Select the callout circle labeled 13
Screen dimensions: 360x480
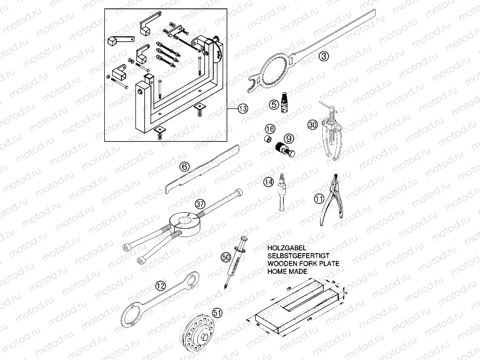coord(242,108)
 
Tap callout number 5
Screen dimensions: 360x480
coord(274,105)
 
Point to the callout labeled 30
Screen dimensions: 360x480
coord(312,124)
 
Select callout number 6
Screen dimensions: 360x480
coord(184,167)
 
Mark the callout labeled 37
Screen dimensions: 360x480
coord(201,203)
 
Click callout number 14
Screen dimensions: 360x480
coord(268,182)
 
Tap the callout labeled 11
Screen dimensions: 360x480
coord(319,198)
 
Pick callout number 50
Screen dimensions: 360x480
coord(225,257)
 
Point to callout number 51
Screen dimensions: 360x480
coord(217,312)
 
